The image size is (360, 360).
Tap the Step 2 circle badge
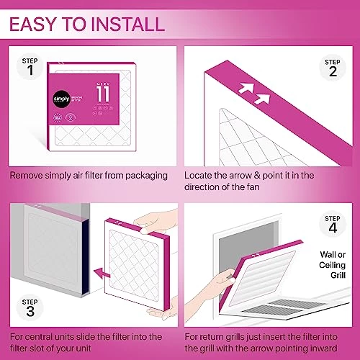click(331, 68)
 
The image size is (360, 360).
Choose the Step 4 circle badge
click(332, 225)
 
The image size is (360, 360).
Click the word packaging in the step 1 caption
click(146, 174)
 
